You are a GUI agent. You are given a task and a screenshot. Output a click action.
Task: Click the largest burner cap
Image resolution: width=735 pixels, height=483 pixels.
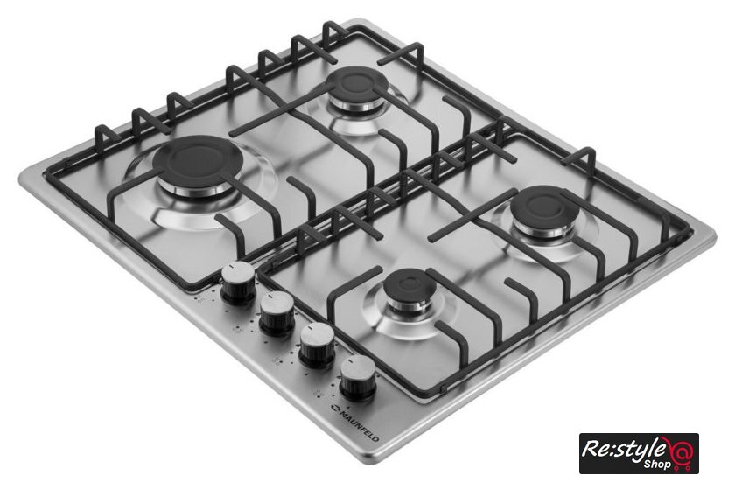coord(197,160)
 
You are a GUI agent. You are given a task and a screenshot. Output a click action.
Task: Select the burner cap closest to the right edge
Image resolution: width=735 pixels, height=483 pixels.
coord(543,206)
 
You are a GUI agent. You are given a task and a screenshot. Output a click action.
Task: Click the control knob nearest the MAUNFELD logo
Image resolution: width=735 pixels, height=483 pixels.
coord(358,378)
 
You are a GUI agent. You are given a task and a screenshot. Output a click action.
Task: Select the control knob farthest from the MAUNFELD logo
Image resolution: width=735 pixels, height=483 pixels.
coord(238,283)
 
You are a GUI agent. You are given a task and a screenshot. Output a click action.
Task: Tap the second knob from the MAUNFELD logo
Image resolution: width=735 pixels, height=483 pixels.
coord(318,345)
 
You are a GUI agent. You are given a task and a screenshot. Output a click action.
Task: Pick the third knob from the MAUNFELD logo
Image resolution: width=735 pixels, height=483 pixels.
coord(277,313)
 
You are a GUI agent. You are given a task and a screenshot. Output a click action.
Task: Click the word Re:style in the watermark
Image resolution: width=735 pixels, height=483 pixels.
coord(624,449)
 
